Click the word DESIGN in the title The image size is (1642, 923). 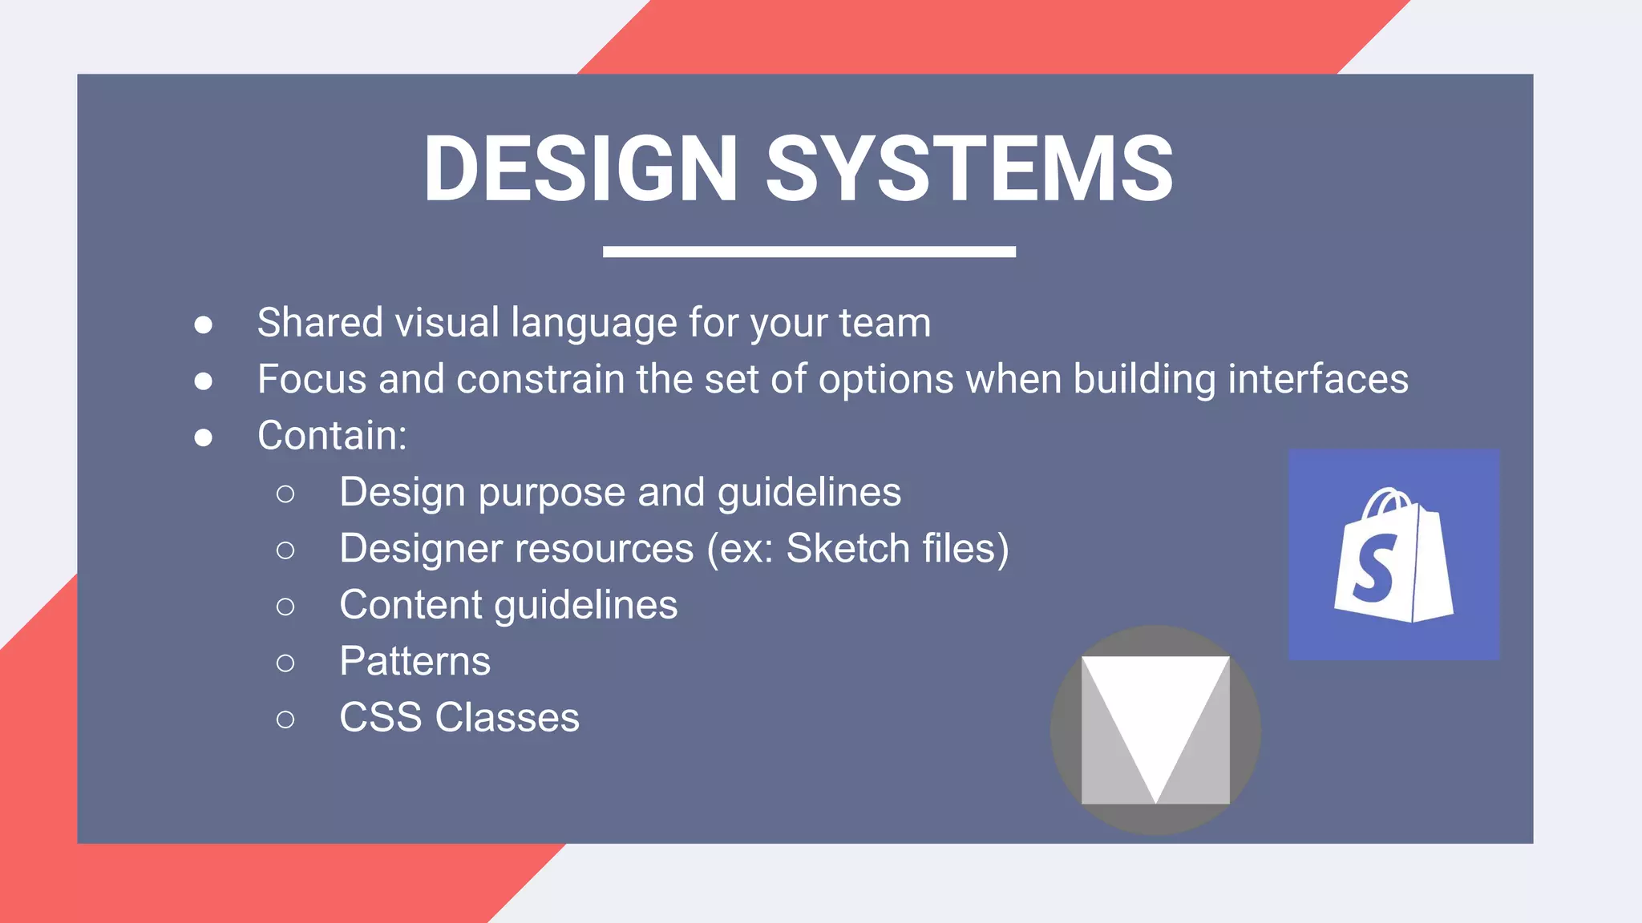[x=580, y=169]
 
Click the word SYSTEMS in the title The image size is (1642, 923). [x=969, y=169]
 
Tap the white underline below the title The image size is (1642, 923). [x=809, y=252]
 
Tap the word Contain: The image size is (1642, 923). [x=332, y=436]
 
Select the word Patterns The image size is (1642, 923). [x=415, y=662]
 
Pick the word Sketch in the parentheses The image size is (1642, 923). [x=847, y=549]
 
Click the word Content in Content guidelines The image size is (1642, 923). [x=410, y=605]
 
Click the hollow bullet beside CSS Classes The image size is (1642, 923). [x=285, y=719]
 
